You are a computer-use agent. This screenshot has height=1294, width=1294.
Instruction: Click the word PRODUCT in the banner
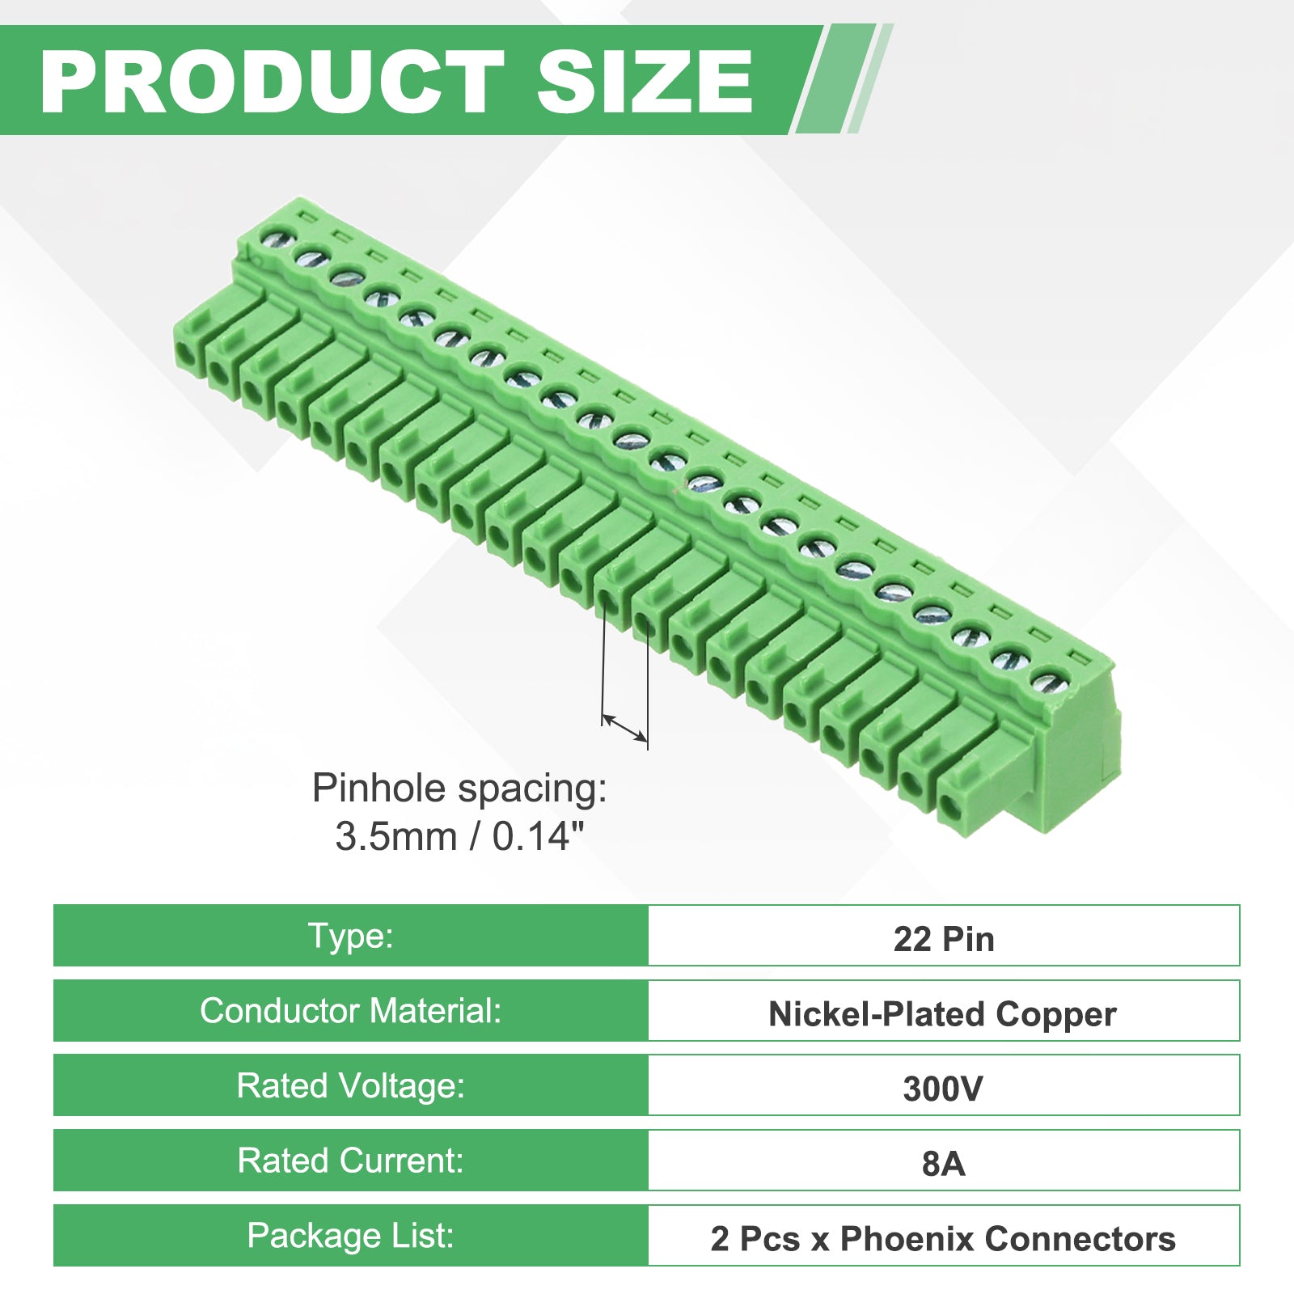272,81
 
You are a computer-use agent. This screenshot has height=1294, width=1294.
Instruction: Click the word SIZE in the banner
645,81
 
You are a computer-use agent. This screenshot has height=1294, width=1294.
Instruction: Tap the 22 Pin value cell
944,936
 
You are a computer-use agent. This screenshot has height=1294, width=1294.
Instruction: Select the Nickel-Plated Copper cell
944,1011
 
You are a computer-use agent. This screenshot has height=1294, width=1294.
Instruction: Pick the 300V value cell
944,1085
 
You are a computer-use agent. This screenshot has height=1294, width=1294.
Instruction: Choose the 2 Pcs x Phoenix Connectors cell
944,1236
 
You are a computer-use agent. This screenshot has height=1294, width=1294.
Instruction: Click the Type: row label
351,936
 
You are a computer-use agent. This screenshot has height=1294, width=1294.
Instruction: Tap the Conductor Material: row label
351,1011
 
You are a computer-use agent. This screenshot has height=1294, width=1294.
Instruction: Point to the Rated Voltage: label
351,1085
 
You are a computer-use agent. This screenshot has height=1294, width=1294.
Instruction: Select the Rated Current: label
351,1161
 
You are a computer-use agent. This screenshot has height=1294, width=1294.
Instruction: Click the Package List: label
351,1236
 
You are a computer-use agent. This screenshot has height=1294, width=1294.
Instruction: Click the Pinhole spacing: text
459,789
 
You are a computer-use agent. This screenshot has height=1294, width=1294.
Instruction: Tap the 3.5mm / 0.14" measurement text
459,836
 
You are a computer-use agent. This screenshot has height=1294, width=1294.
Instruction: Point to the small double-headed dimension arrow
625,727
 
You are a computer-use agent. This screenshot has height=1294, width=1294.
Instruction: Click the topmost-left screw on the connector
278,239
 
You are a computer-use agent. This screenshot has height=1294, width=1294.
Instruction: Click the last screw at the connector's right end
1048,682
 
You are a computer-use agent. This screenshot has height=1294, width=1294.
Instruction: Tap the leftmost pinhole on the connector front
186,353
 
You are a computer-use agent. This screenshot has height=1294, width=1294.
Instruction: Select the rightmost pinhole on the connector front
949,806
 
